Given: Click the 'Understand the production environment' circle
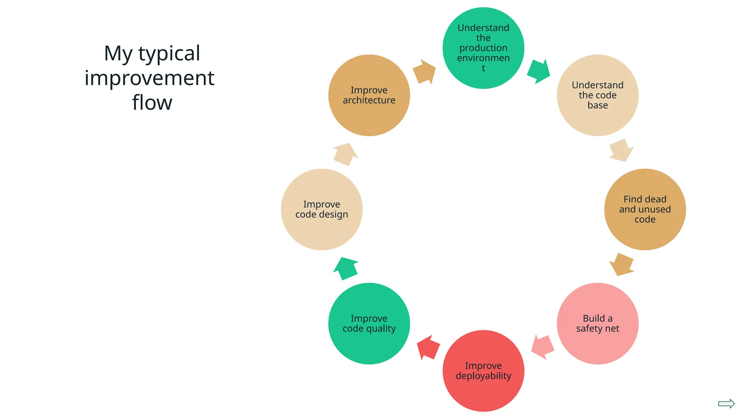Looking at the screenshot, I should pyautogui.click(x=483, y=48).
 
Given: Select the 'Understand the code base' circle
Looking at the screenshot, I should pyautogui.click(x=597, y=95).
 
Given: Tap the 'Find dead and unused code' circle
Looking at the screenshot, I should pyautogui.click(x=645, y=209).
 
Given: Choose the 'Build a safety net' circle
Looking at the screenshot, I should pyautogui.click(x=597, y=323).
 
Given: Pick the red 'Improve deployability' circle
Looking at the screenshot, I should pyautogui.click(x=483, y=371).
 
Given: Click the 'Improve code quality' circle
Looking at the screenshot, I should pyautogui.click(x=369, y=323).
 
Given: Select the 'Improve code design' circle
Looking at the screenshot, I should pyautogui.click(x=322, y=209).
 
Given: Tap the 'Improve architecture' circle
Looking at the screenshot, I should pyautogui.click(x=369, y=95).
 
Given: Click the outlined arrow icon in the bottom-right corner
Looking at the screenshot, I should pyautogui.click(x=726, y=403).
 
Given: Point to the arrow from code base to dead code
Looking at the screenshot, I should pyautogui.click(x=621, y=150).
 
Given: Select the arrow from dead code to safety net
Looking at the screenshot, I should pyautogui.click(x=621, y=264).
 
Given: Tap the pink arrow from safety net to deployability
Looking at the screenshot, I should pyautogui.click(x=542, y=347).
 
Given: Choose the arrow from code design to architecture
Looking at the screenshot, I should pyautogui.click(x=345, y=155).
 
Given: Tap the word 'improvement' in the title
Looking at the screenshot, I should pyautogui.click(x=149, y=78).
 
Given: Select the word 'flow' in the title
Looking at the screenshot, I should pyautogui.click(x=152, y=103).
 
